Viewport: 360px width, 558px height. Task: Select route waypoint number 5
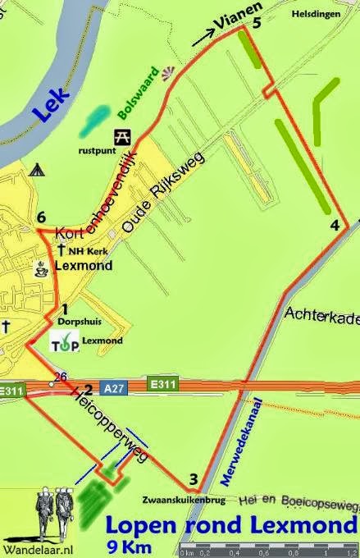pyautogui.click(x=257, y=24)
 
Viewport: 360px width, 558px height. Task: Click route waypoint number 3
pyautogui.click(x=194, y=480)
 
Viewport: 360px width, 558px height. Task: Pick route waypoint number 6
pyautogui.click(x=41, y=217)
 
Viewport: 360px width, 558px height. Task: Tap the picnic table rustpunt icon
pyautogui.click(x=121, y=135)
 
